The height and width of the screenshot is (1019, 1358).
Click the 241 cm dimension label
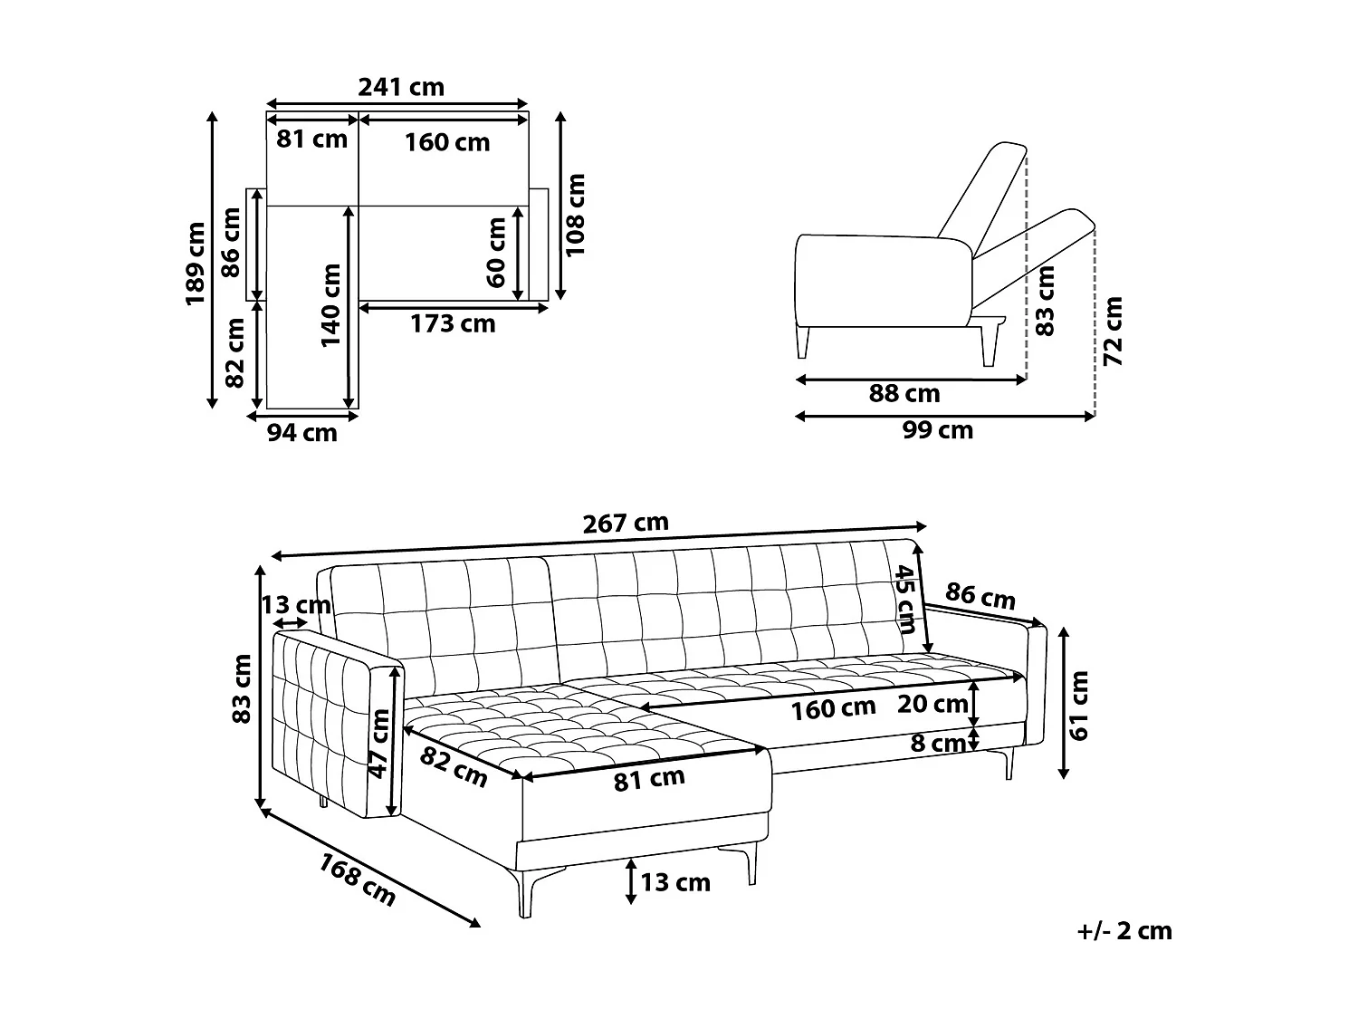[x=401, y=87]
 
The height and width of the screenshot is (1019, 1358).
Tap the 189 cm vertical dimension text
[x=196, y=264]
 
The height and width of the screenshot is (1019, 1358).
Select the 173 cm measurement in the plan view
[x=453, y=323]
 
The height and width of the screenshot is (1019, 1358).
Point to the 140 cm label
[x=330, y=304]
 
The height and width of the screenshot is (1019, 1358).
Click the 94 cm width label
[x=301, y=433]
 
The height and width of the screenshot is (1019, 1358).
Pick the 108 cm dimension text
[x=576, y=215]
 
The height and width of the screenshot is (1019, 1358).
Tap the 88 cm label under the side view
[x=904, y=394]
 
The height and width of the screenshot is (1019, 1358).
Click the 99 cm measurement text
[x=937, y=430]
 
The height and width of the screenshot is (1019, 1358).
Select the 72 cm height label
[x=1114, y=331]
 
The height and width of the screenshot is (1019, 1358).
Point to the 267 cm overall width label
[x=625, y=523]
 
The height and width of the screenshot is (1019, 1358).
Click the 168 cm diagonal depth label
[x=357, y=880]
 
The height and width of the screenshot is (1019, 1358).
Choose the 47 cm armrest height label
[x=379, y=743]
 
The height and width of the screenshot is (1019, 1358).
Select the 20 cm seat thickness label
[x=932, y=704]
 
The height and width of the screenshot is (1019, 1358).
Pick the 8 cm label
[x=938, y=744]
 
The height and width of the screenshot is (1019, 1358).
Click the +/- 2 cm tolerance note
[x=1125, y=931]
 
